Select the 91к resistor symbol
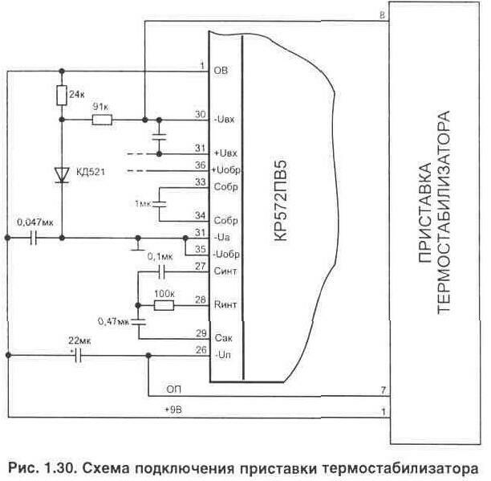point(102,120)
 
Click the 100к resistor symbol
point(164,305)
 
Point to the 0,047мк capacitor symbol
point(34,238)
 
